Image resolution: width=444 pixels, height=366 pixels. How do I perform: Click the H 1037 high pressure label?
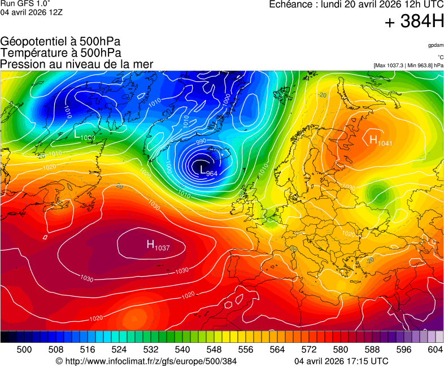click(158, 245)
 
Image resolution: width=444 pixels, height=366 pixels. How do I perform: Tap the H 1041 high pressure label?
click(380, 140)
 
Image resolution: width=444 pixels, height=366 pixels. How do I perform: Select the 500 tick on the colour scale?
click(24, 350)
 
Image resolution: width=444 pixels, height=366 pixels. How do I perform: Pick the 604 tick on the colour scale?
click(435, 350)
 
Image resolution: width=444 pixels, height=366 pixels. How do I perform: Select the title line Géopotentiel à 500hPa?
click(60, 42)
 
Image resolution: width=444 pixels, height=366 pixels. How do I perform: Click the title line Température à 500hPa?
click(60, 53)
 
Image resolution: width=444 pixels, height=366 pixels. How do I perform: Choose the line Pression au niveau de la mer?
click(77, 64)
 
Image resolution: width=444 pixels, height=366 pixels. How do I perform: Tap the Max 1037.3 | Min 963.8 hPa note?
click(408, 66)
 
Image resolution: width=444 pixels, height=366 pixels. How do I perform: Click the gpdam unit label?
click(436, 45)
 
